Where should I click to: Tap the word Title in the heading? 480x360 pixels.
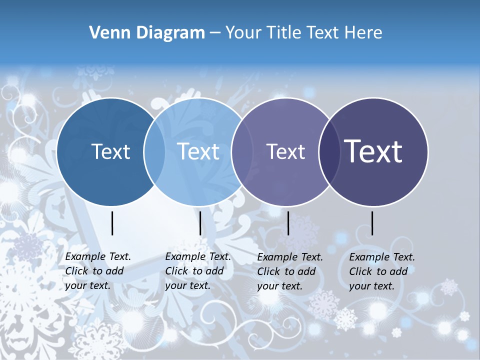pos(283,33)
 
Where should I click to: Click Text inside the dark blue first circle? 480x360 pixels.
pos(111,151)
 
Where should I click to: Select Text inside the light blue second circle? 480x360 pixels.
pos(198,151)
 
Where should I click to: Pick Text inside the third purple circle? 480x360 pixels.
pos(285,151)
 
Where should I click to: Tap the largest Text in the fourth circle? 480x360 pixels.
pos(373,151)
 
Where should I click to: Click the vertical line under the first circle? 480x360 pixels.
pos(112,223)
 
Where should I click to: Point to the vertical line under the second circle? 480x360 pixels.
pos(200,223)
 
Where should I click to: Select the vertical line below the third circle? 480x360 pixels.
pos(288,223)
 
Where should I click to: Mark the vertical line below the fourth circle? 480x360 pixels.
pos(372,223)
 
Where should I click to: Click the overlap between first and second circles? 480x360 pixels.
pos(154,151)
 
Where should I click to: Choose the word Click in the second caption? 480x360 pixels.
pos(177,271)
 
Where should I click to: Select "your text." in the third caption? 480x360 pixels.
pos(279,286)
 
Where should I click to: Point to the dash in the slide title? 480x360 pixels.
pos(215,33)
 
